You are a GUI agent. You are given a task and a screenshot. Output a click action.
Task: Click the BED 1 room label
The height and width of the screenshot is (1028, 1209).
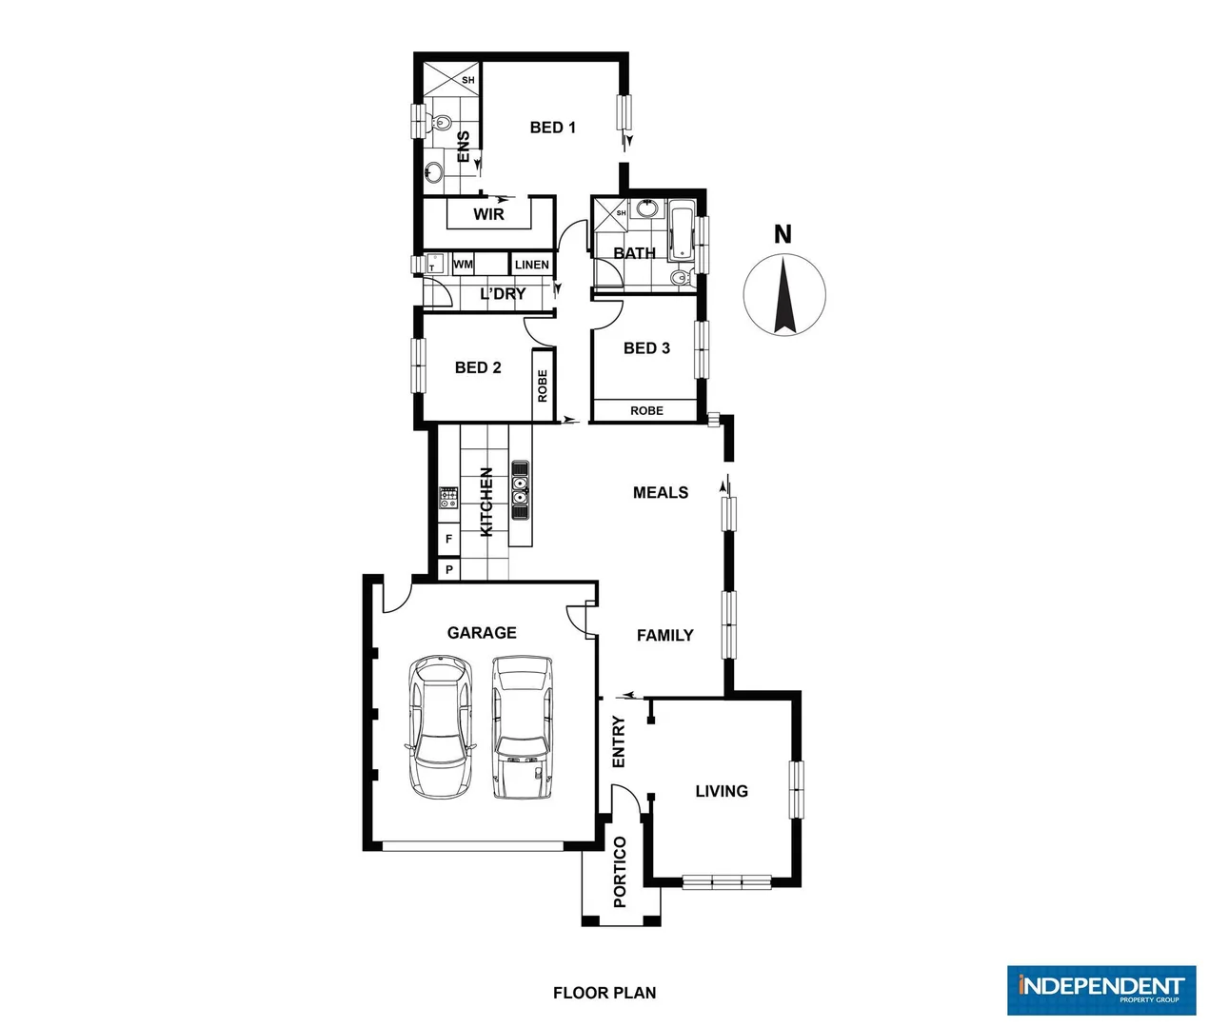click(552, 128)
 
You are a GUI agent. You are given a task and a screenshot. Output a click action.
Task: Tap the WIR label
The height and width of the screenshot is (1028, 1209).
click(488, 214)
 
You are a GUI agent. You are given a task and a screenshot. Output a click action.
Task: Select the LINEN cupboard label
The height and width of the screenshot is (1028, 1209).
click(531, 265)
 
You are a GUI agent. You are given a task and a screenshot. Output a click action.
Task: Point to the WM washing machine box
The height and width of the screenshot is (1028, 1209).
click(463, 264)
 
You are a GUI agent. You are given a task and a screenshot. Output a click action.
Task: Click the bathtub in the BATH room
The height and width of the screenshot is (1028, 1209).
click(682, 230)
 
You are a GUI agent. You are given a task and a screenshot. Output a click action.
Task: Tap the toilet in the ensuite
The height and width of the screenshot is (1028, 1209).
click(441, 123)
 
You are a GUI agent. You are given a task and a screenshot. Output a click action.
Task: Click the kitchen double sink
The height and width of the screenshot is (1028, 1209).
click(520, 490)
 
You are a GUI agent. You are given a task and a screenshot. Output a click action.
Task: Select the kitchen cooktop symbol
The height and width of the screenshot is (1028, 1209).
click(448, 496)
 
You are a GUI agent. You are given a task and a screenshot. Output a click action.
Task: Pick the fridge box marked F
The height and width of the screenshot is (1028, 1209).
click(448, 539)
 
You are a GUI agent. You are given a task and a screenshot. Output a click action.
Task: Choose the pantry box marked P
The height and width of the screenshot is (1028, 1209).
click(448, 569)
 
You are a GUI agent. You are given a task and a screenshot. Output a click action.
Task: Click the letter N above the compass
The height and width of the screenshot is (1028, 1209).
click(783, 234)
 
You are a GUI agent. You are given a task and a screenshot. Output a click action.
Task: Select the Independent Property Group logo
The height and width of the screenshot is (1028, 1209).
click(1100, 990)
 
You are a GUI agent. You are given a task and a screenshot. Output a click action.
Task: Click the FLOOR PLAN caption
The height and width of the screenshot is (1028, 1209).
click(604, 993)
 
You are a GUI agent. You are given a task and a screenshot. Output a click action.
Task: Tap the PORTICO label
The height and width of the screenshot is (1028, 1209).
click(620, 872)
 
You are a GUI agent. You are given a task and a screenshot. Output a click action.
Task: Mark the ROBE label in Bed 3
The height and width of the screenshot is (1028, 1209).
click(646, 410)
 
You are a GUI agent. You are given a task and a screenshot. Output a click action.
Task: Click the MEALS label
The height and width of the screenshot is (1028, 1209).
click(660, 492)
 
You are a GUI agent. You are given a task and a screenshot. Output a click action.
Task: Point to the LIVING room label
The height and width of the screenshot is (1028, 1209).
click(721, 791)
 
